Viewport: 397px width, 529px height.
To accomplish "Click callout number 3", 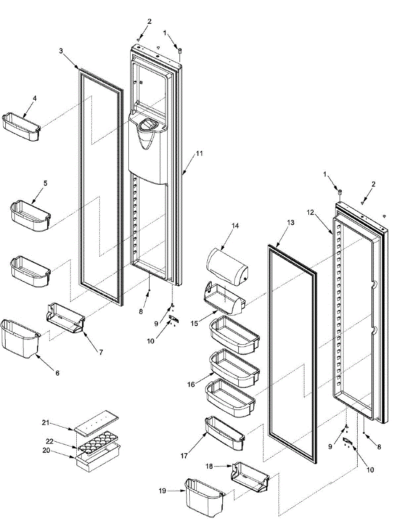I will coord(61,51).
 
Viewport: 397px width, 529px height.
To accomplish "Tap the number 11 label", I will coord(199,153).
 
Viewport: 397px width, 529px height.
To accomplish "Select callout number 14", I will coord(235,226).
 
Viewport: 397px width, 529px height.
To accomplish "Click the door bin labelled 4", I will coord(21,128).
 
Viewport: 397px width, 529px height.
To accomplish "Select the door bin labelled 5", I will coord(30,216).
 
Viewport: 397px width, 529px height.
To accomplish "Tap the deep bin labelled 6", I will coord(20,339).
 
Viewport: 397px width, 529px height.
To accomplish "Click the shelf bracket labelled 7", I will coord(65,317).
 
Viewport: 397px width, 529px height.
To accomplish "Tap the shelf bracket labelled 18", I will coord(250,477).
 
